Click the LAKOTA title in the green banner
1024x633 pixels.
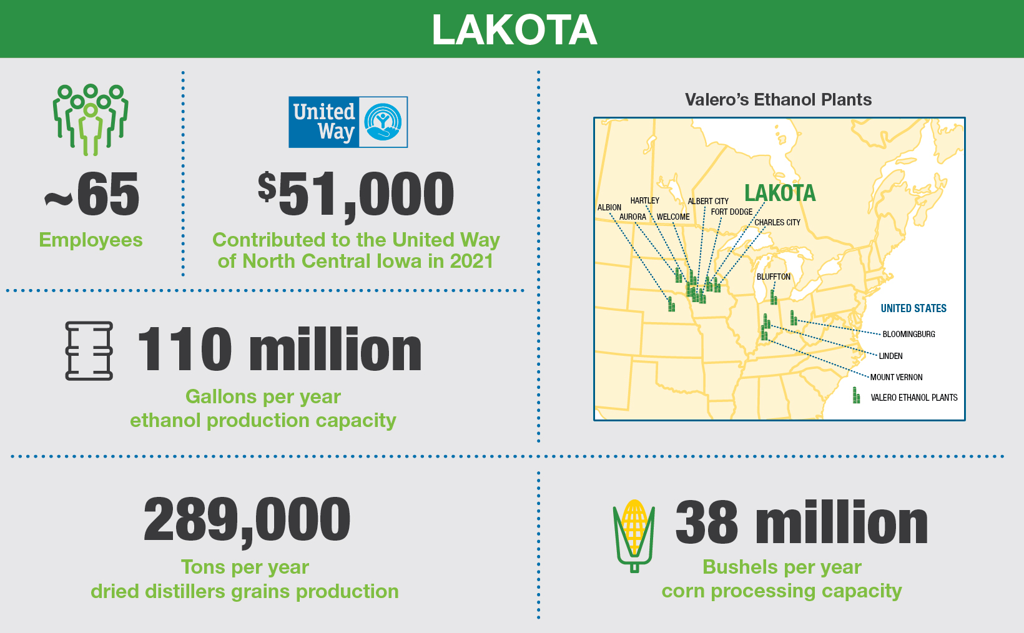point(514,30)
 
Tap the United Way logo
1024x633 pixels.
point(348,122)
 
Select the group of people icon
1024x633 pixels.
point(91,119)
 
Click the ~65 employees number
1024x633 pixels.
point(92,195)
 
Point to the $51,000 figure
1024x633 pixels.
point(356,195)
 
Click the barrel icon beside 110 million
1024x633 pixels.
point(89,351)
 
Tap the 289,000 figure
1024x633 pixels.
point(247,519)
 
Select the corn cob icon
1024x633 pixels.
point(634,536)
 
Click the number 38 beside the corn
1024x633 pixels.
point(706,523)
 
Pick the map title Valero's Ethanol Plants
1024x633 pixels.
point(778,100)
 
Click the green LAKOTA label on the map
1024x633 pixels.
point(780,194)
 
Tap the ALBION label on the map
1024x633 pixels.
point(609,208)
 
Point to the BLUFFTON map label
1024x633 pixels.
point(774,277)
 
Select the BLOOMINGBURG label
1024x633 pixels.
point(908,334)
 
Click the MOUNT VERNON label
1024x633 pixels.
point(896,377)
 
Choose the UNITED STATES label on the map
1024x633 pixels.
point(913,308)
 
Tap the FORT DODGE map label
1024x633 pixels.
point(732,212)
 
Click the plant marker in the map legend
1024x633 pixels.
point(857,396)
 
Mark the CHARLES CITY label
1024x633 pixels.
point(777,222)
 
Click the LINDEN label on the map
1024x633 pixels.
point(890,356)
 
